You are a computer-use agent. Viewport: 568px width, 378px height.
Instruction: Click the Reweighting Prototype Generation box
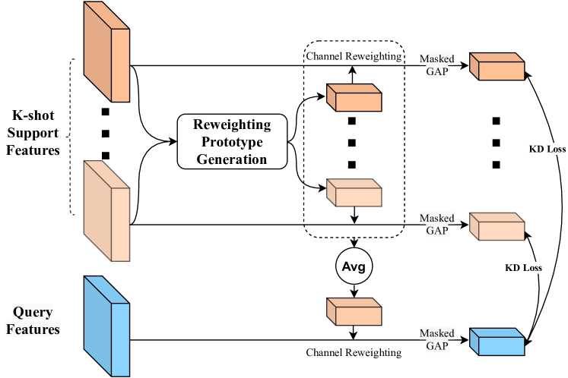point(232,141)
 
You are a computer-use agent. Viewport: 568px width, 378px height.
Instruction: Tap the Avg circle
point(354,267)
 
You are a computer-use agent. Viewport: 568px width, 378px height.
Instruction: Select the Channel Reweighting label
point(354,57)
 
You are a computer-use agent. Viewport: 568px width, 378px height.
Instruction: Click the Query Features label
point(33,320)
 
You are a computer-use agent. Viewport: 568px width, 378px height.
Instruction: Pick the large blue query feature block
point(106,326)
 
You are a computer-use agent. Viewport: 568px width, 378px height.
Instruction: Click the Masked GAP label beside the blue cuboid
point(436,339)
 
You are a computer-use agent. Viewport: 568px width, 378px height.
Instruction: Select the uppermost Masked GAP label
point(436,65)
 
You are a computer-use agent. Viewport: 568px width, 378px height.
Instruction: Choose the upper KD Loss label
point(547,150)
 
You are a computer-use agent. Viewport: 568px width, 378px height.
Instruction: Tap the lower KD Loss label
point(524,268)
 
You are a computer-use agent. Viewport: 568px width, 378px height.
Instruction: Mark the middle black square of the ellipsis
point(351,143)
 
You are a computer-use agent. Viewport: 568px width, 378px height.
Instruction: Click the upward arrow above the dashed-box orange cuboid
point(352,74)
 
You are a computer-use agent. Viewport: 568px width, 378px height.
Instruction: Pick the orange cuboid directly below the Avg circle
point(354,312)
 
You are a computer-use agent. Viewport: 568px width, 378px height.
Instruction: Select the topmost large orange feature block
point(106,52)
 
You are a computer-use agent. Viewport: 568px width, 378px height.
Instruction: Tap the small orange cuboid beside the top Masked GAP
point(497,67)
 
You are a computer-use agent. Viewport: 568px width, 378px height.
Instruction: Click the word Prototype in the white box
point(232,141)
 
